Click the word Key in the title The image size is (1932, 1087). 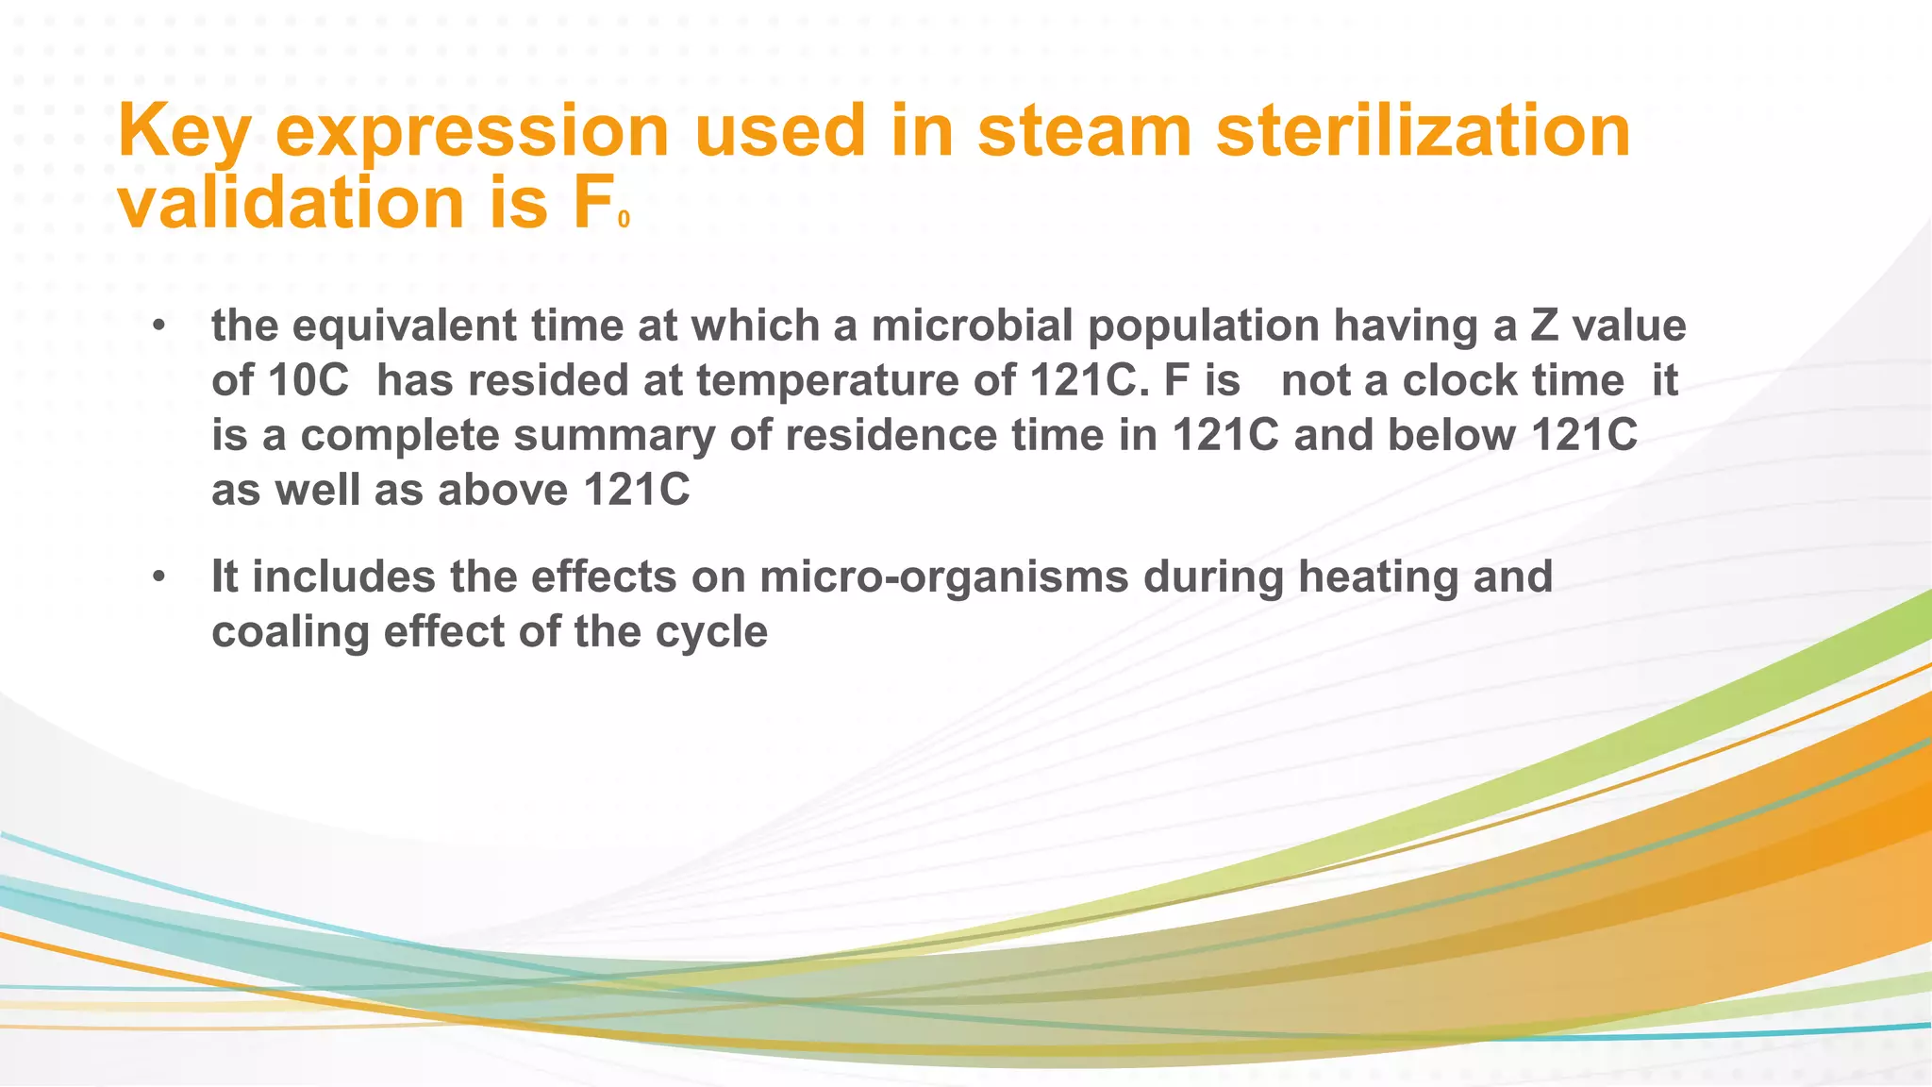click(x=183, y=132)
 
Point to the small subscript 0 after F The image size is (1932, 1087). click(x=624, y=220)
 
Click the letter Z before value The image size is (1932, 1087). click(x=1544, y=326)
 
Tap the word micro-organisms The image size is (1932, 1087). click(x=943, y=577)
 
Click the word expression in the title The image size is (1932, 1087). click(x=471, y=132)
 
